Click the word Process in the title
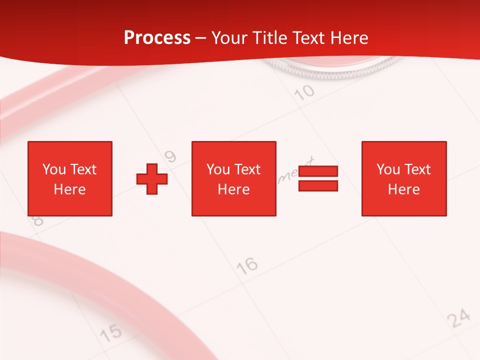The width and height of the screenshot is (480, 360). coord(157,38)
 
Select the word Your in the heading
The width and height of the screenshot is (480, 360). coord(228,38)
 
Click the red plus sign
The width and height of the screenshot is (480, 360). coord(152,178)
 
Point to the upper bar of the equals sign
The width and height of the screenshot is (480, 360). coord(318,171)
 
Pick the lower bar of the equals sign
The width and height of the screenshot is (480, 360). coord(318,185)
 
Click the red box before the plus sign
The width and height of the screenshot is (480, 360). coord(69,178)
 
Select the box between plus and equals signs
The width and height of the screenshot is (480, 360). coord(233,178)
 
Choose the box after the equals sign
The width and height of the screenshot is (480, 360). coord(403,178)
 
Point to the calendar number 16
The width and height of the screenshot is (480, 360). coord(247,265)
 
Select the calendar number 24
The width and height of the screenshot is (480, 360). coord(458,318)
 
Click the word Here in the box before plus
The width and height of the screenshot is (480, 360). coord(69,189)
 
